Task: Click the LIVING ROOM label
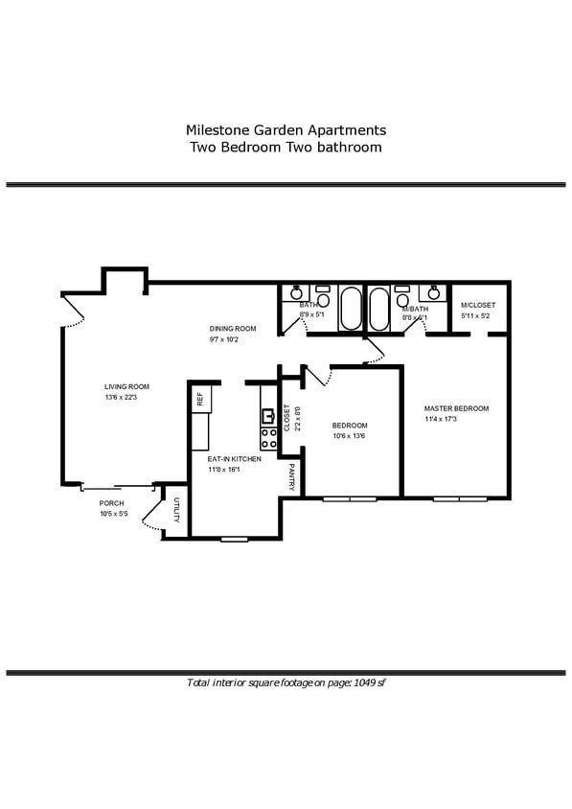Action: coord(127,386)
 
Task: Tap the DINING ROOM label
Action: coord(233,328)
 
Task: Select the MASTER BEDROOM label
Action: coord(456,408)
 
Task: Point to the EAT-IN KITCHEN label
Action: coord(235,459)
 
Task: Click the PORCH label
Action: coord(111,502)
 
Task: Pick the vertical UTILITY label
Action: coord(177,511)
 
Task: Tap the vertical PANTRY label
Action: coord(291,478)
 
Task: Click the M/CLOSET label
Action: coord(478,305)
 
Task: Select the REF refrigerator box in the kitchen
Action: coord(200,400)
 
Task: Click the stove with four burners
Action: coord(269,438)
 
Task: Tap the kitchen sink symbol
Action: coord(268,416)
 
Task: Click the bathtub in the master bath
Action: coord(378,309)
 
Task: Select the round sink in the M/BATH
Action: coord(433,293)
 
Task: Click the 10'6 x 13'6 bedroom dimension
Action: coord(350,436)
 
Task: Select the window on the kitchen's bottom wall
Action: coord(235,539)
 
